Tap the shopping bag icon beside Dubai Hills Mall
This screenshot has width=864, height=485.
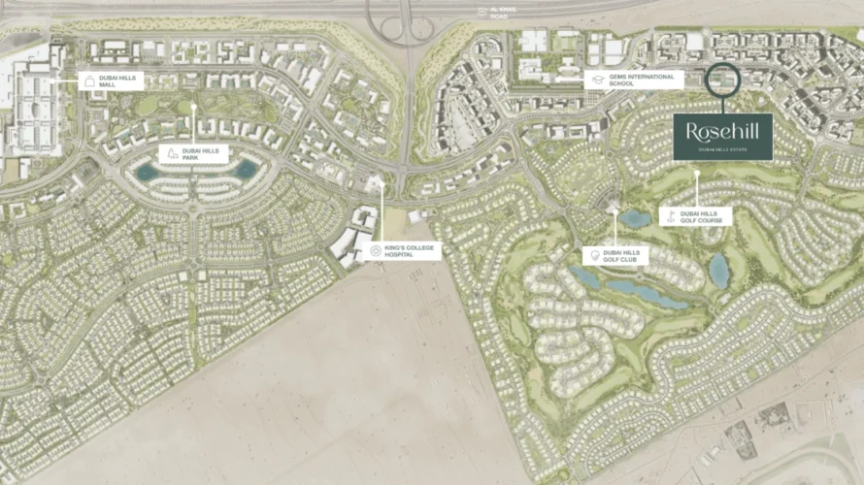(90, 81)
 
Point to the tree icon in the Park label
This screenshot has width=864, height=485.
(173, 153)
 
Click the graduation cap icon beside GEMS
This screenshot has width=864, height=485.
(594, 81)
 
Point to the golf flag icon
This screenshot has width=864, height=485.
(669, 216)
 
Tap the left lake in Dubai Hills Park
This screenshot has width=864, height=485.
(148, 171)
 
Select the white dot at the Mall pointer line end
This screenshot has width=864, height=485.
(67, 82)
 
